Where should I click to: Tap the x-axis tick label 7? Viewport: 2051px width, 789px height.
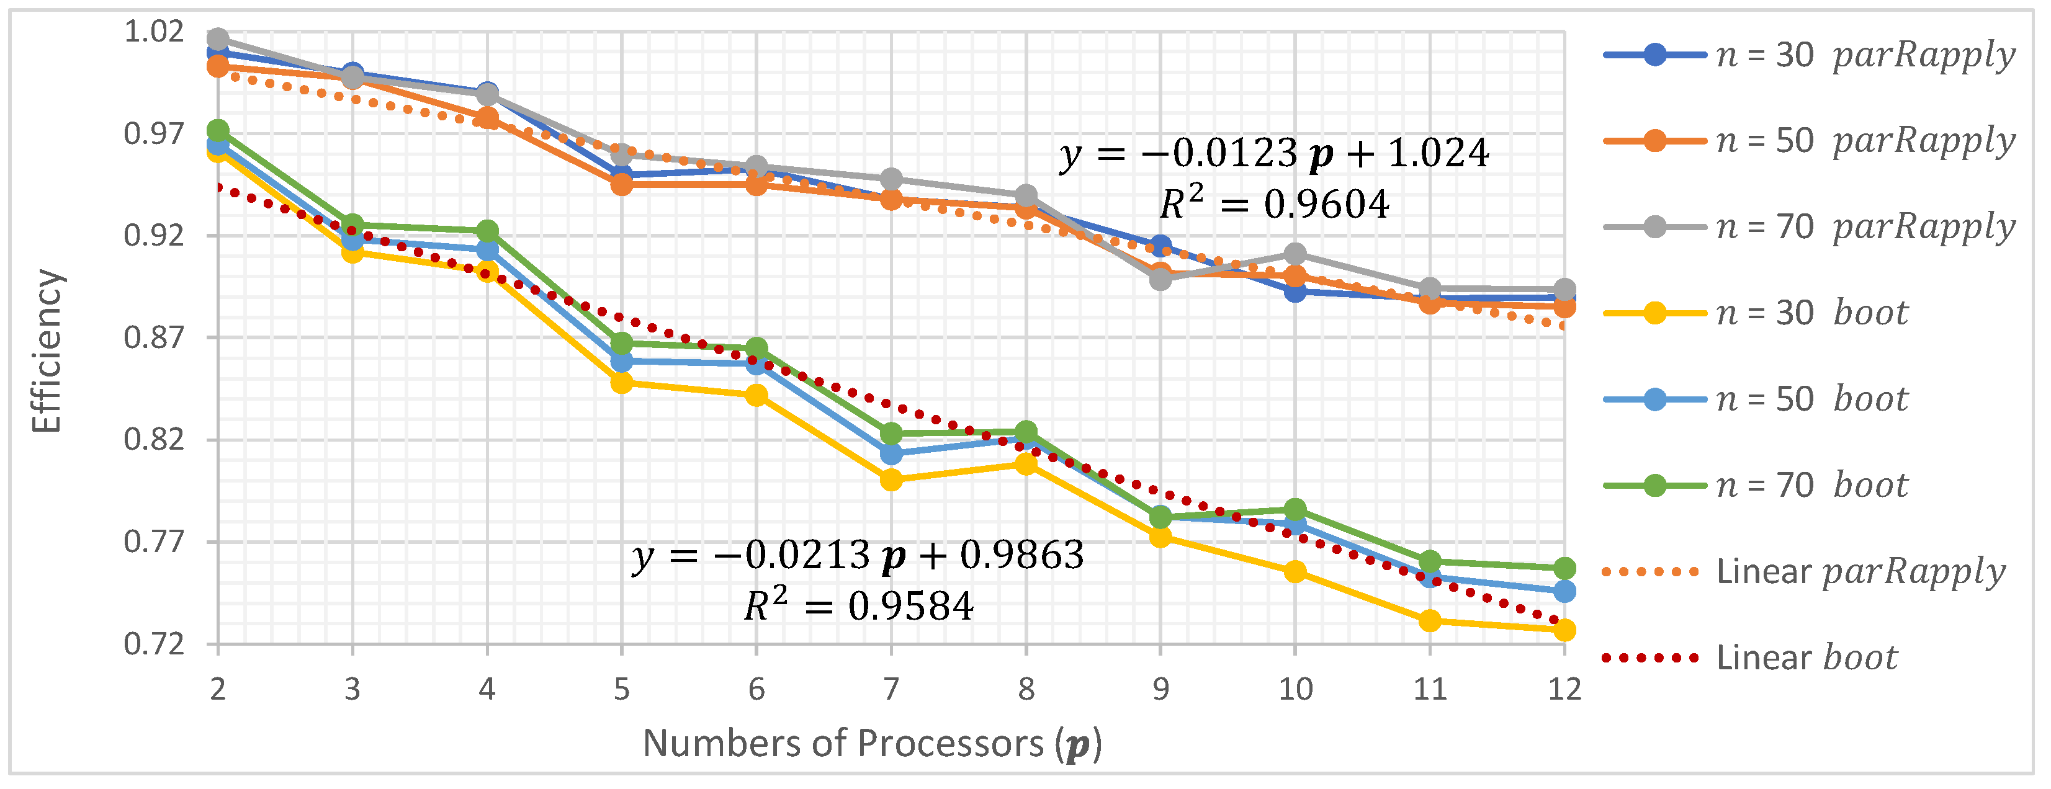[891, 689]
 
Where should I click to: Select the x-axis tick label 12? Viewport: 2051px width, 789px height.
[1564, 689]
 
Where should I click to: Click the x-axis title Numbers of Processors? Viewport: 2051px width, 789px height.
[872, 744]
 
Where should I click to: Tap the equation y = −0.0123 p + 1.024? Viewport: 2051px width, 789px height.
[1274, 153]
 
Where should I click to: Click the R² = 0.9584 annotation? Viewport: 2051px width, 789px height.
[858, 606]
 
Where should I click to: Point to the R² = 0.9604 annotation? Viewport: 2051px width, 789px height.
[1274, 204]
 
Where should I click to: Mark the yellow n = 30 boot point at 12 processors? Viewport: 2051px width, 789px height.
[1564, 630]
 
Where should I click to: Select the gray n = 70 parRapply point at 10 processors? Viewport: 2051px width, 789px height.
[1295, 254]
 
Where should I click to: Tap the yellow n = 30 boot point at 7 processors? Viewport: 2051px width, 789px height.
[891, 479]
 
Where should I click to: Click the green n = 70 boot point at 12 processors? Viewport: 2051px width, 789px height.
[1564, 568]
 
